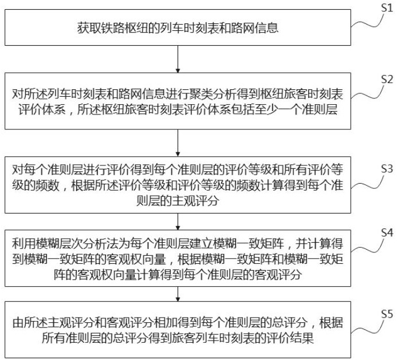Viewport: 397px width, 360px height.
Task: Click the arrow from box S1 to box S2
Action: click(180, 58)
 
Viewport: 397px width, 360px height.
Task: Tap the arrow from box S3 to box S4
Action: click(180, 220)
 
